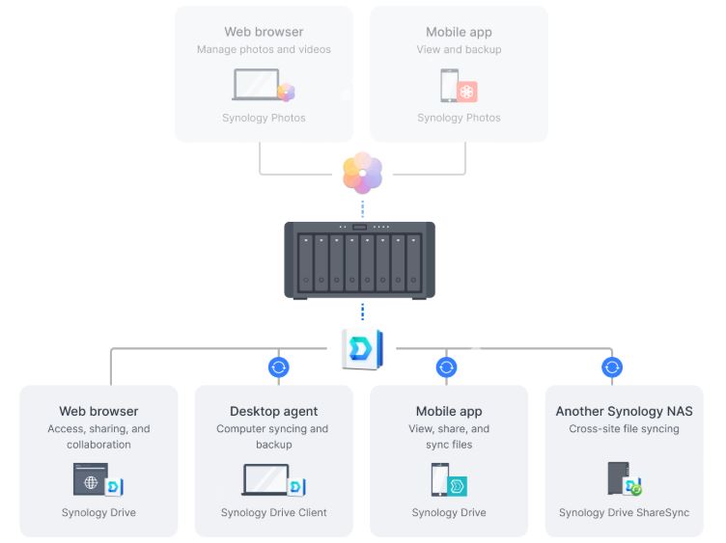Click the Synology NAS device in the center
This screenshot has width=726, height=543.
tap(359, 259)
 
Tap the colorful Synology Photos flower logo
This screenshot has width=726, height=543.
tap(363, 174)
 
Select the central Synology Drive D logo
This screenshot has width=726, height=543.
tap(362, 348)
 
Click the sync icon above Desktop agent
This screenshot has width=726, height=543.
tap(278, 367)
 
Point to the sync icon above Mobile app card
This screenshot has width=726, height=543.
tap(446, 367)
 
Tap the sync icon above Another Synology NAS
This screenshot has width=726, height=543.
tap(612, 367)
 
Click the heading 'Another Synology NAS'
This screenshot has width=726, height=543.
tap(624, 411)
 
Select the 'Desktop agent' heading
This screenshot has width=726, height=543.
tap(273, 411)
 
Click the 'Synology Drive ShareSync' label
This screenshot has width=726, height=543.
tap(624, 512)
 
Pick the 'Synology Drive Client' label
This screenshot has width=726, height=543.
tap(273, 512)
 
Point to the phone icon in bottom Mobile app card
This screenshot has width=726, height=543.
tap(440, 479)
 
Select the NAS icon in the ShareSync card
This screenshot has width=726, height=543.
tap(619, 478)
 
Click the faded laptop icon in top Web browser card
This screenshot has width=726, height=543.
tap(256, 85)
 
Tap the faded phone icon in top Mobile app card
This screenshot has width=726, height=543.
tap(450, 86)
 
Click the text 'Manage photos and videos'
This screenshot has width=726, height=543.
tap(264, 49)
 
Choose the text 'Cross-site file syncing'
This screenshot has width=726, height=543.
tap(624, 429)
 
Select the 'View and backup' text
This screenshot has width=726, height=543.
tap(459, 49)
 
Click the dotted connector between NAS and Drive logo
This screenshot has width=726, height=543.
tap(362, 312)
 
